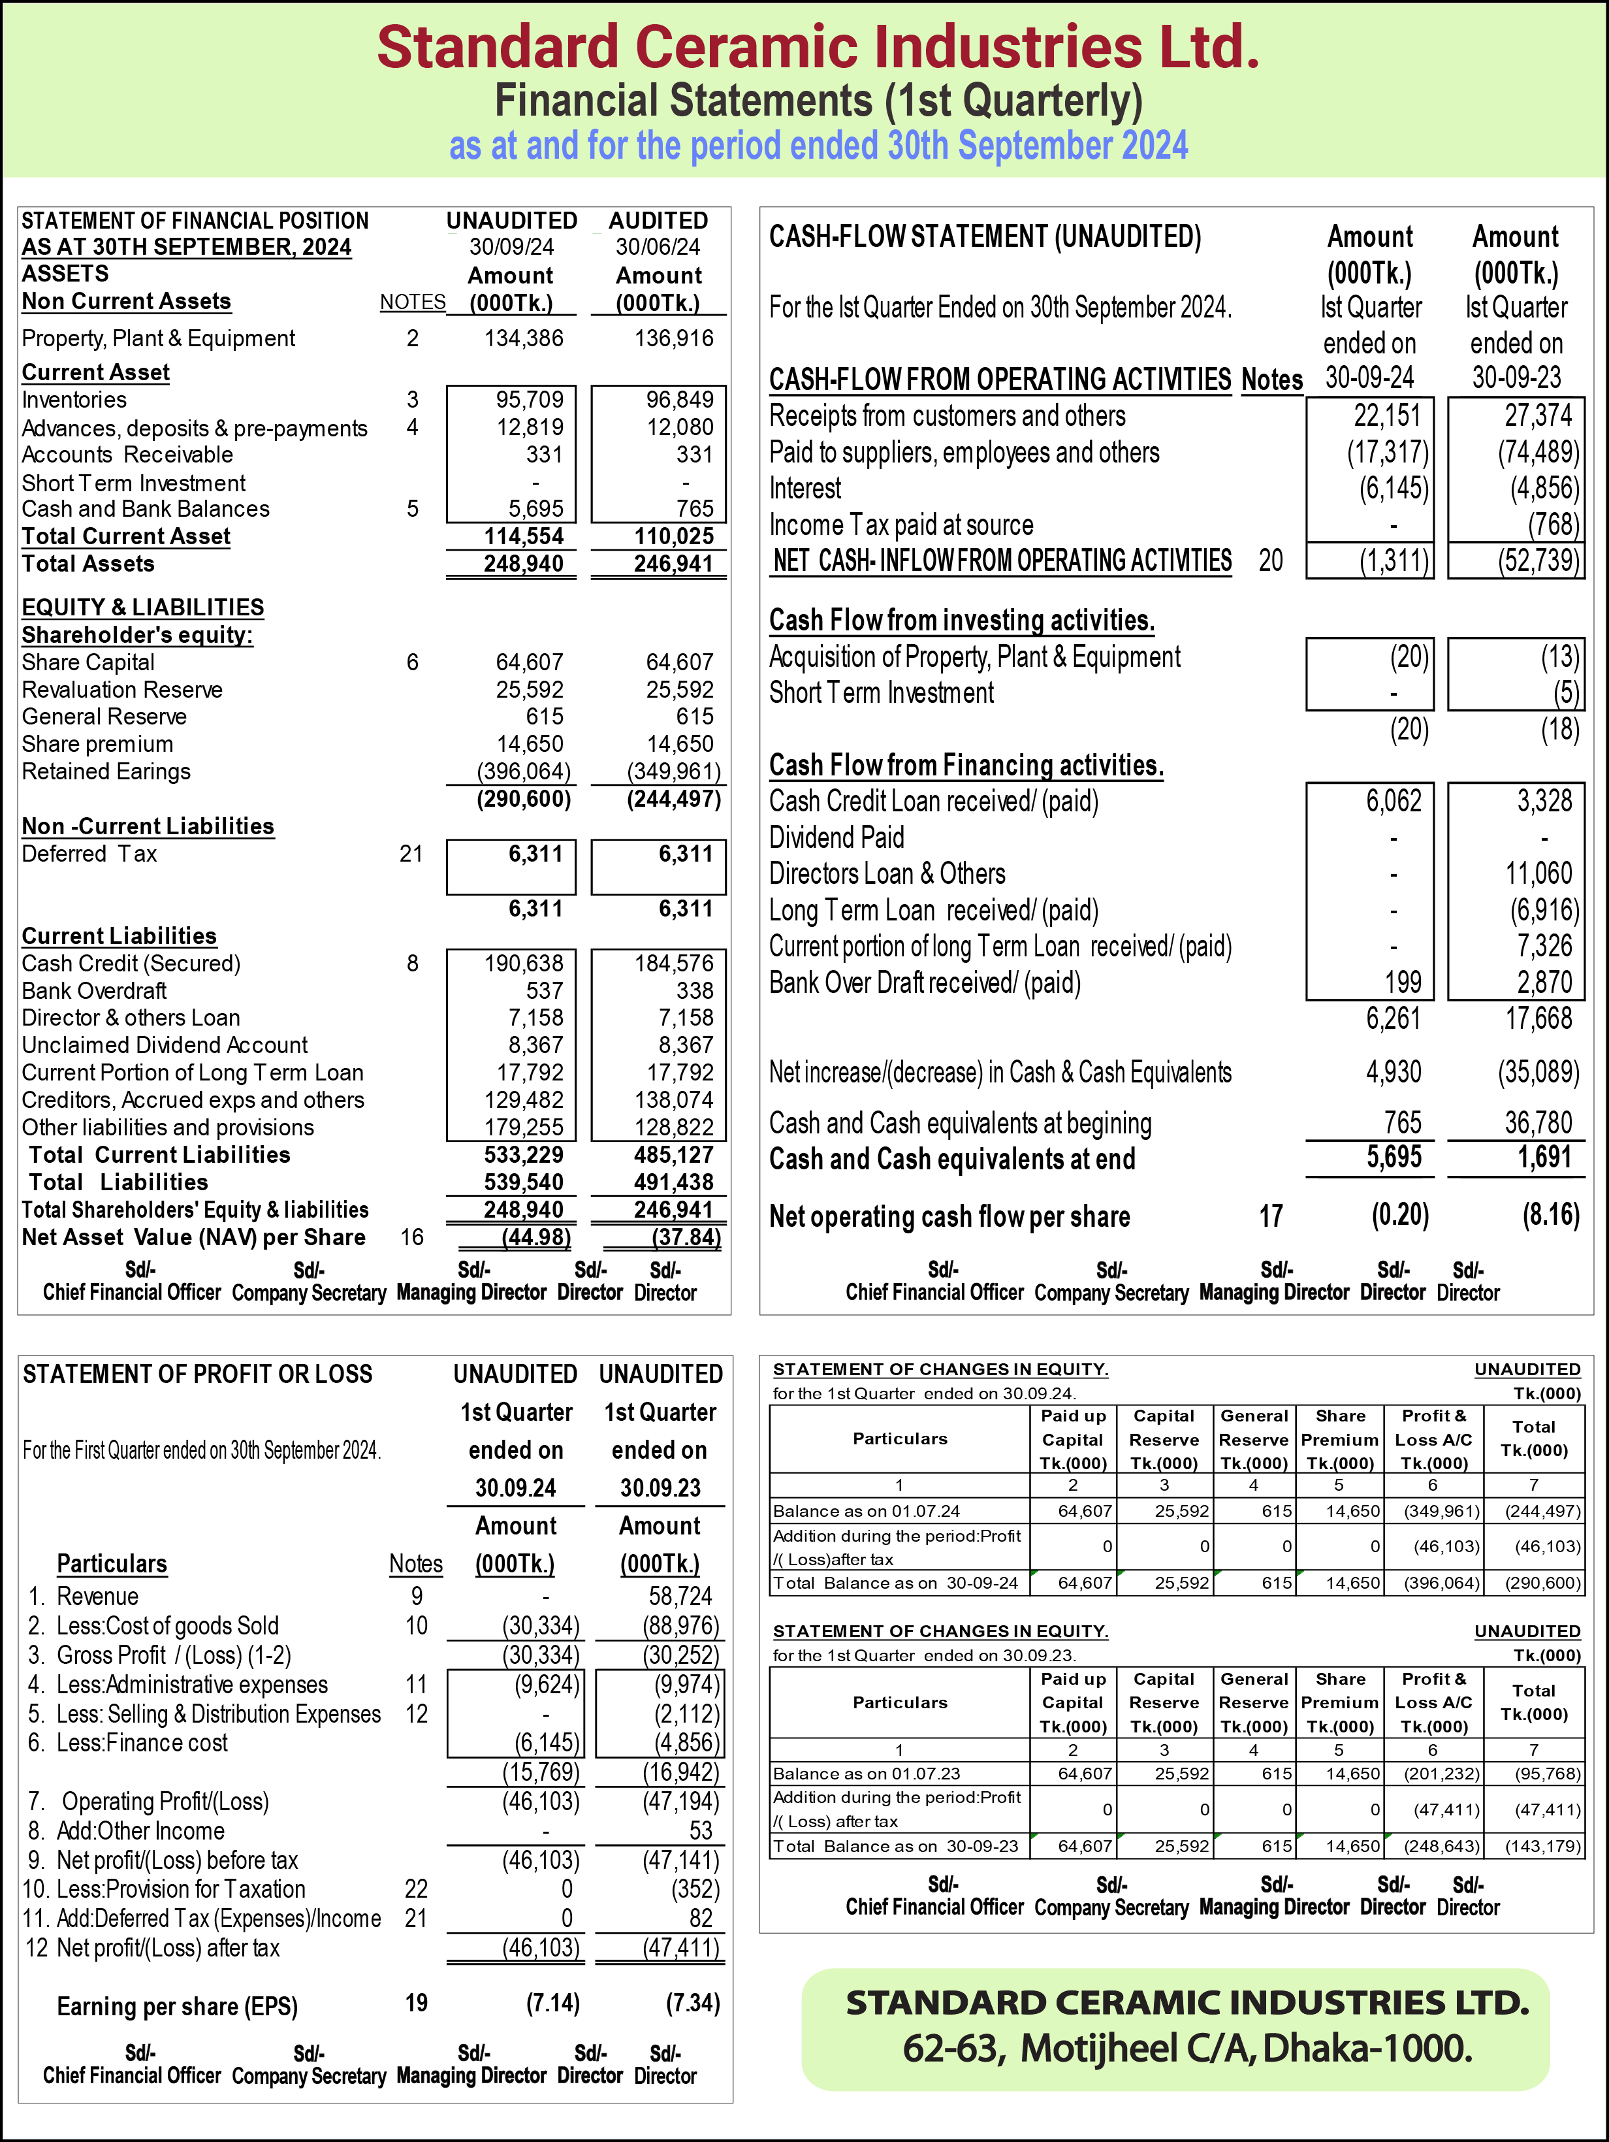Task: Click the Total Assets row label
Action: point(88,564)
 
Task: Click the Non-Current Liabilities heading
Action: point(148,826)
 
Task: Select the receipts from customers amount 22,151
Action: point(1386,416)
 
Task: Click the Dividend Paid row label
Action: point(836,837)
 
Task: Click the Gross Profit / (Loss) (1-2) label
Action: point(174,1655)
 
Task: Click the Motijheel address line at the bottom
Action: point(1187,2048)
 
